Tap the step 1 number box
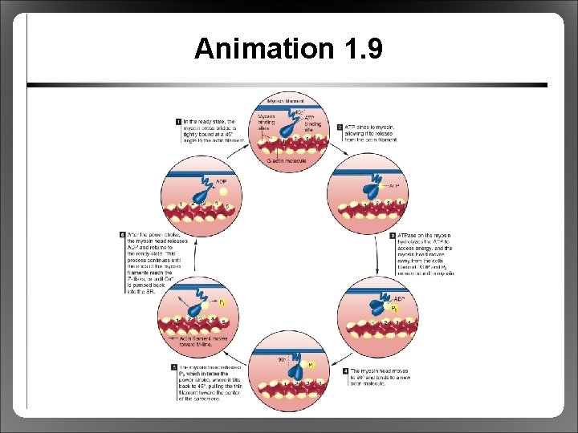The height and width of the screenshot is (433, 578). tap(177, 122)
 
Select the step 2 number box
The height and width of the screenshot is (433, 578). tap(340, 127)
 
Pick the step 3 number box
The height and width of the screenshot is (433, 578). tap(393, 236)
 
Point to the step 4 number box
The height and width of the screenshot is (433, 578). tap(345, 371)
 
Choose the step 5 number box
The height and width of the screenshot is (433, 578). tap(174, 367)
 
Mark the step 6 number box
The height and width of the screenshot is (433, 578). tap(123, 236)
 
